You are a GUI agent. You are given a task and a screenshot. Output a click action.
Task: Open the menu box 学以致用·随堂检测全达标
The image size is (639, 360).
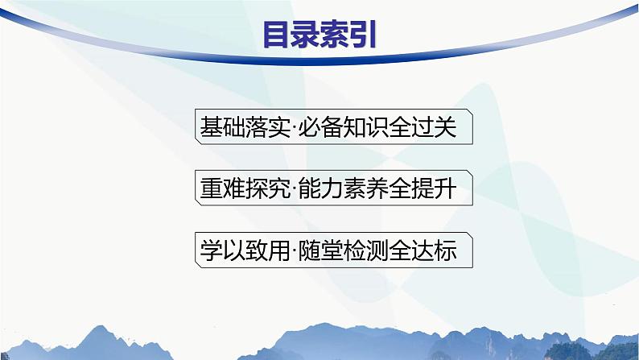333,250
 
